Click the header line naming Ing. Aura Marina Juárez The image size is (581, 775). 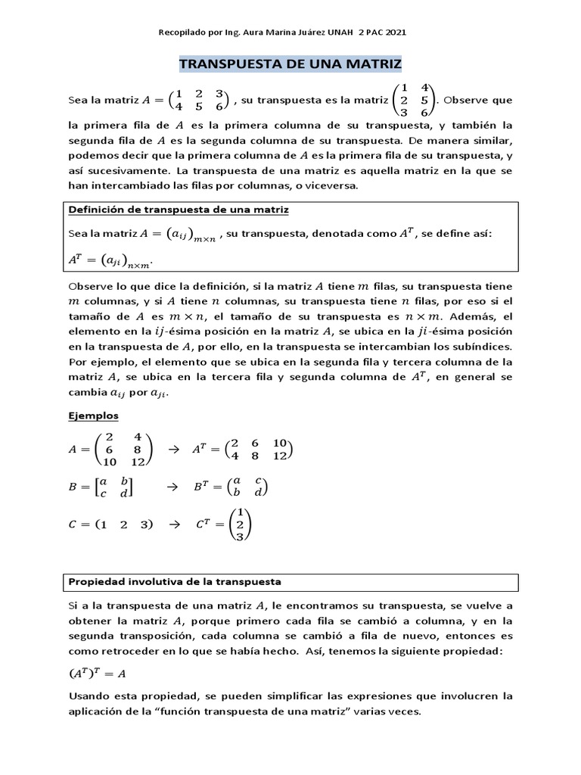pos(281,33)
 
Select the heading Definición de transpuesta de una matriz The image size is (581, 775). pos(179,209)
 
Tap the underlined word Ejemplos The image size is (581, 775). pos(93,416)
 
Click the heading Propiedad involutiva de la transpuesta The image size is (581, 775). pos(175,582)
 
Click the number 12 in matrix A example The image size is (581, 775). pos(137,462)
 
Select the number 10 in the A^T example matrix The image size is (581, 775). pos(280,443)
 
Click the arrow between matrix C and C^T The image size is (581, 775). pos(172,524)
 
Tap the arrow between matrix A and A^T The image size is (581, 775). pos(172,450)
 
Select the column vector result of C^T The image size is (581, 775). pos(240,524)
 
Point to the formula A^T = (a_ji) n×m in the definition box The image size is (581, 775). pos(110,260)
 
